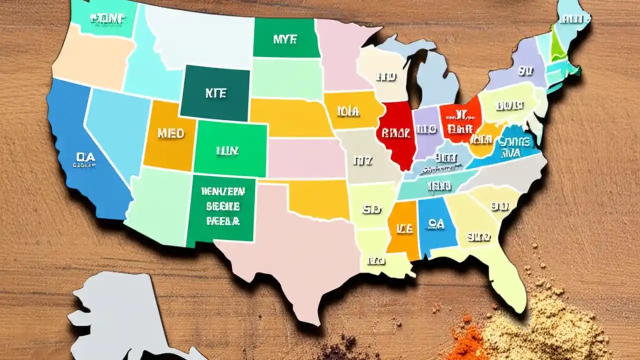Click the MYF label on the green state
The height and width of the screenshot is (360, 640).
pyautogui.click(x=285, y=39)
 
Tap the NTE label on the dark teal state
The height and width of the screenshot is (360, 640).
pyautogui.click(x=215, y=93)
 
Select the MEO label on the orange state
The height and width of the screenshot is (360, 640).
pyautogui.click(x=170, y=133)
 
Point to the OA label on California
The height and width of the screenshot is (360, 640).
pyautogui.click(x=86, y=157)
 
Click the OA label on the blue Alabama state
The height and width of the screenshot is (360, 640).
pyautogui.click(x=436, y=224)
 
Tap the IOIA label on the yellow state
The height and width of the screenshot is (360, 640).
pyautogui.click(x=348, y=111)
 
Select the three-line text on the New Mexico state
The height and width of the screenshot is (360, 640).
pyautogui.click(x=222, y=206)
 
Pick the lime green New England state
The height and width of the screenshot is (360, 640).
pyautogui.click(x=557, y=47)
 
